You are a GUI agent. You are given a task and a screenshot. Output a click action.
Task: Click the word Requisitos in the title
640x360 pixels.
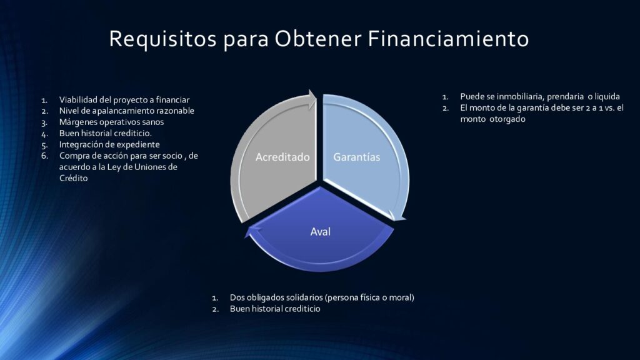tap(162, 39)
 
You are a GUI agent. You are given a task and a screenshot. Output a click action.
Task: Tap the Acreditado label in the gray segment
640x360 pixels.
tap(282, 157)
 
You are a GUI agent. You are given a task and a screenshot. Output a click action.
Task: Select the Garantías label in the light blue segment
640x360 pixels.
tap(357, 157)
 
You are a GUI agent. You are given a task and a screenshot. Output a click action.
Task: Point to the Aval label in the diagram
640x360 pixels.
tap(321, 231)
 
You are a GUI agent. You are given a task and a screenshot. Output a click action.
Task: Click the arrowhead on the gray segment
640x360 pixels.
tap(312, 99)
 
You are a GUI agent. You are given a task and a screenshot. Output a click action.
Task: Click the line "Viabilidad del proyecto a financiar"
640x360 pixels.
tap(124, 100)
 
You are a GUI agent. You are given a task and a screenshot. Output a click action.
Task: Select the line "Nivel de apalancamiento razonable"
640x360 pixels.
tap(126, 111)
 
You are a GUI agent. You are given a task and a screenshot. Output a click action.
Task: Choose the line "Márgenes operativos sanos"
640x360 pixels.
tap(111, 122)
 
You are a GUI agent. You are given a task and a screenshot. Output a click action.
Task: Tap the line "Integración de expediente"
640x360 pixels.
tap(109, 144)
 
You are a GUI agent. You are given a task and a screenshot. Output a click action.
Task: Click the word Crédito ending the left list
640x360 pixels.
tap(74, 178)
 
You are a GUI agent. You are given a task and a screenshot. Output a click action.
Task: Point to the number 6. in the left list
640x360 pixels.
tap(44, 156)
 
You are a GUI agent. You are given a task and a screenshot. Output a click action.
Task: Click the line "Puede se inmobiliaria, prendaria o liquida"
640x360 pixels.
tap(540, 97)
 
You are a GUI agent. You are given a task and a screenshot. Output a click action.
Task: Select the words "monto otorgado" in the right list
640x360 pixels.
tap(492, 119)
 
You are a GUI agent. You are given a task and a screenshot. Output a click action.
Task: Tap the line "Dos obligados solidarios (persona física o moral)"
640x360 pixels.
tap(322, 297)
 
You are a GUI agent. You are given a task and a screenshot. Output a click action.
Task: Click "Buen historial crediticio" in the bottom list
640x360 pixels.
tap(275, 309)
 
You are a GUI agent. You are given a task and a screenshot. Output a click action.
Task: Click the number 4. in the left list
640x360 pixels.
tap(44, 134)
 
